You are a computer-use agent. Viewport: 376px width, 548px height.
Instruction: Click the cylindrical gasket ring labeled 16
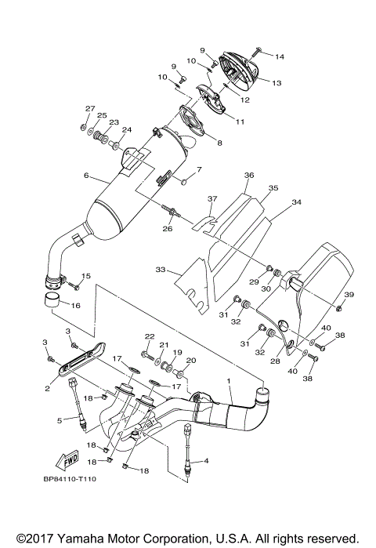[x=52, y=302]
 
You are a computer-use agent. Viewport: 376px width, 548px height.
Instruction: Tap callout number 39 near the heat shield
[x=349, y=294]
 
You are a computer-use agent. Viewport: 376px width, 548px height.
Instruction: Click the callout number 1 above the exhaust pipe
[x=228, y=381]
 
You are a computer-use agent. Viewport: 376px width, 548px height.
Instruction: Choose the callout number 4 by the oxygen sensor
[x=206, y=460]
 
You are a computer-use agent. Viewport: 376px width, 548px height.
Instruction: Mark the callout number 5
[x=59, y=421]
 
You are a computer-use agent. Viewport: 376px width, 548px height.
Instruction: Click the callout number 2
[x=47, y=387]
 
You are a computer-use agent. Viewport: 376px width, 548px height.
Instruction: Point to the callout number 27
[x=90, y=108]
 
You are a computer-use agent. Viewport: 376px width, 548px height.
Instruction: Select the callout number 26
[x=167, y=229]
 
